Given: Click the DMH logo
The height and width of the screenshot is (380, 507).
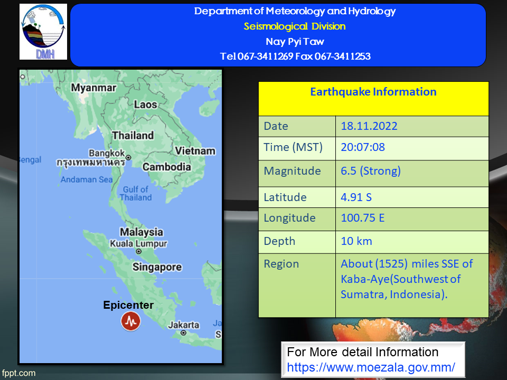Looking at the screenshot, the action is [x=43, y=32].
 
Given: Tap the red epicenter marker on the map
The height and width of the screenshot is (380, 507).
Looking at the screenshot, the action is [x=130, y=321].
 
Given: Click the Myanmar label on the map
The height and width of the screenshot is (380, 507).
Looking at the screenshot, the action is [x=94, y=88].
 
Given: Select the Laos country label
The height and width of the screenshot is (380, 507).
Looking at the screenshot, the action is [x=146, y=104].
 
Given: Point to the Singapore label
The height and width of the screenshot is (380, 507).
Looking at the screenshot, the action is [x=157, y=267].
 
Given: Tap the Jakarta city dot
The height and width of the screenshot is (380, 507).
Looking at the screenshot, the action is [x=183, y=333].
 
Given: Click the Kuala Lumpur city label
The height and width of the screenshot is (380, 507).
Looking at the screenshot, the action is [x=138, y=243].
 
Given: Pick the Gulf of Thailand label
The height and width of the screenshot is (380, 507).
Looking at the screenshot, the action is [x=136, y=193].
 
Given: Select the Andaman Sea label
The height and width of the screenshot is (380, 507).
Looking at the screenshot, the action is [x=87, y=179].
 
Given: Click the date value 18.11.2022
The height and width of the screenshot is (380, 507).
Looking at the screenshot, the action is [x=369, y=126].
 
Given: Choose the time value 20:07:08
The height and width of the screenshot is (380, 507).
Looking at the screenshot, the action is [x=363, y=147].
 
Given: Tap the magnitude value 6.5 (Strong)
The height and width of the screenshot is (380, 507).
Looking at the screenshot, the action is [x=371, y=170].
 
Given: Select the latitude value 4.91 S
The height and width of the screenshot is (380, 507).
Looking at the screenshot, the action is [x=356, y=197].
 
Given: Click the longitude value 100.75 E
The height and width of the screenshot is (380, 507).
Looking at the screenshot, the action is [x=362, y=218].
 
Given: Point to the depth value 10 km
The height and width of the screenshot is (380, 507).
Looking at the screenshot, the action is [x=356, y=241].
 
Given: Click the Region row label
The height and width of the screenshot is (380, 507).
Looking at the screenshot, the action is [x=281, y=264].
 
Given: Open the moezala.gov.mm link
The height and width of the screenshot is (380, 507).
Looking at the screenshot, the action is [x=371, y=367].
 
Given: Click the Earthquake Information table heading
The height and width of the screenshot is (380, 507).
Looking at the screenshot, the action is [x=373, y=92].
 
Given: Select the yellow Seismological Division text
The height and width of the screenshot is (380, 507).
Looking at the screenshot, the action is [x=295, y=26].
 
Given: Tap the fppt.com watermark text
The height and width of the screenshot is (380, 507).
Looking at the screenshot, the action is [x=18, y=373].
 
